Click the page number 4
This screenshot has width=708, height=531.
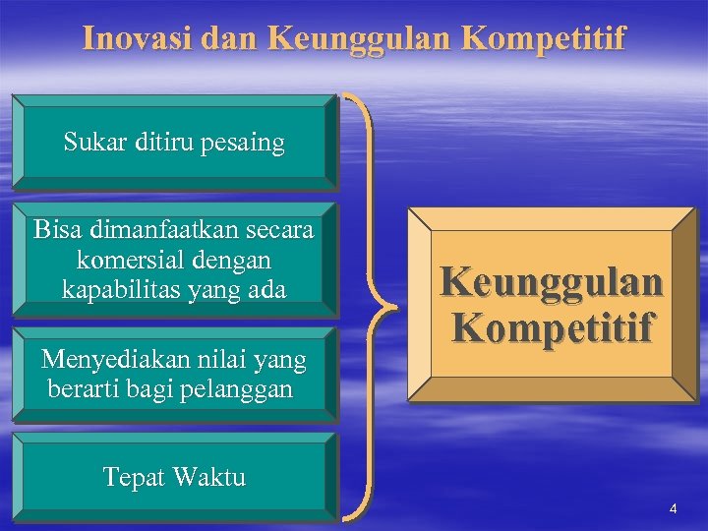click(674, 508)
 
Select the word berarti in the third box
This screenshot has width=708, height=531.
click(82, 389)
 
